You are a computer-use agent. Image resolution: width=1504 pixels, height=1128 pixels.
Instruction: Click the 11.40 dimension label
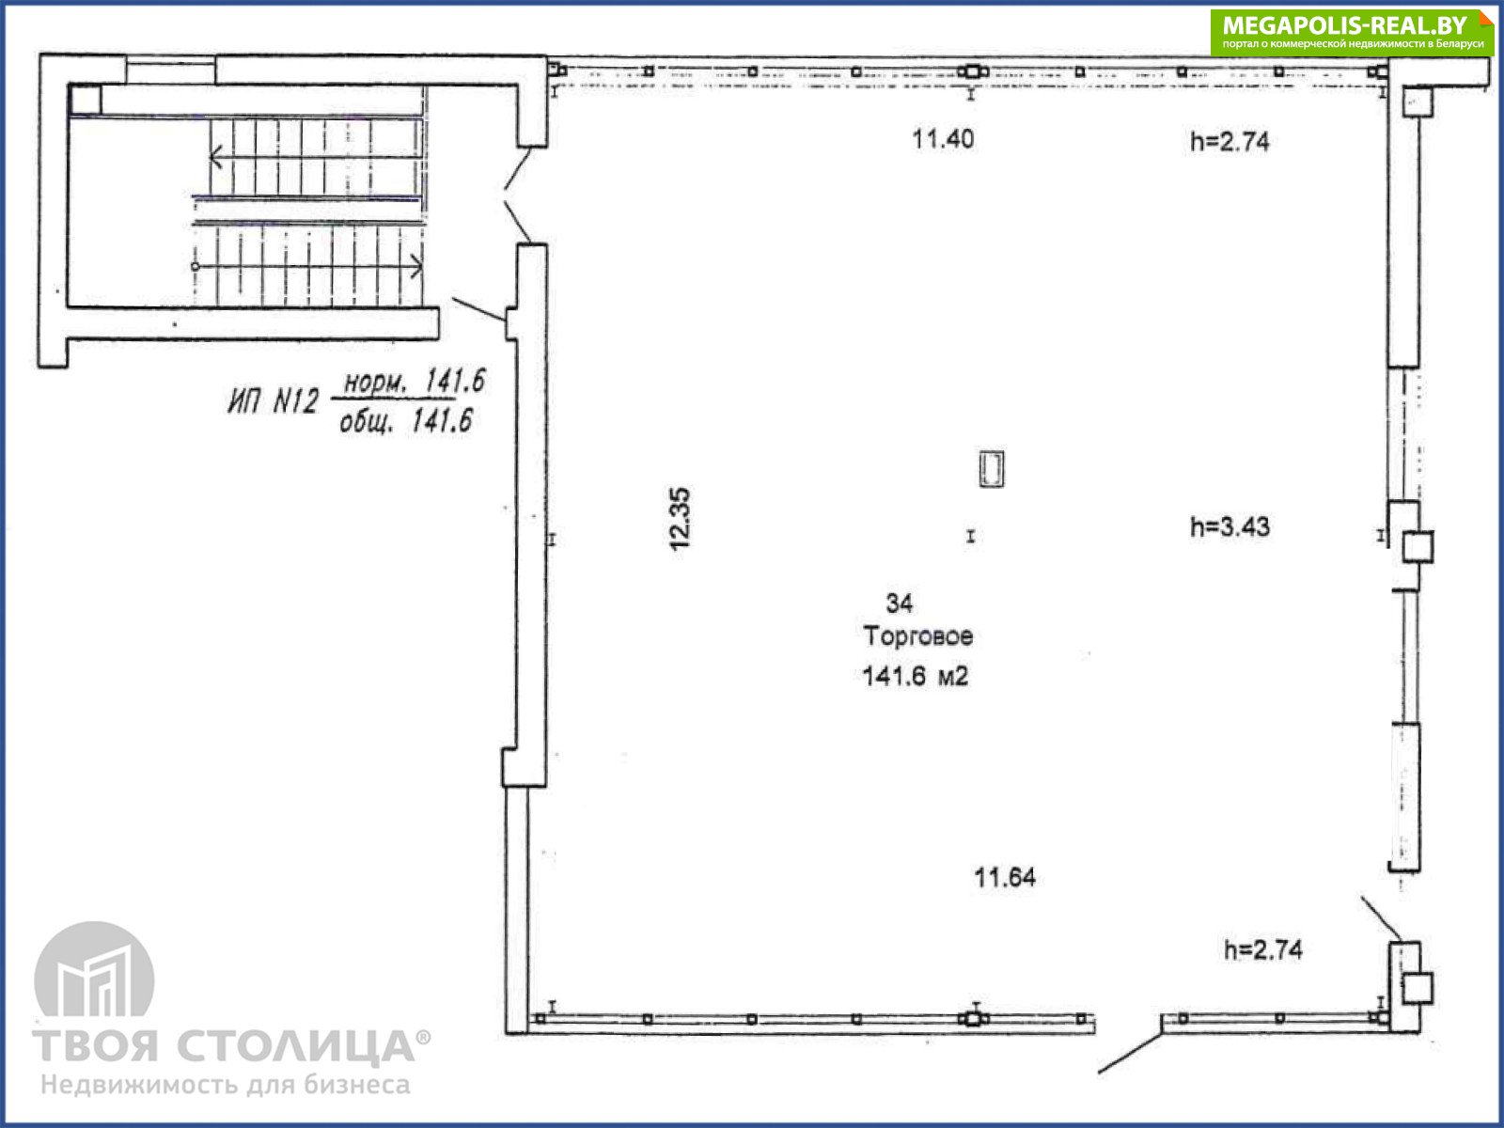point(942,139)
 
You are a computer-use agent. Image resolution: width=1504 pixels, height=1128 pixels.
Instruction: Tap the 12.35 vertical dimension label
point(680,519)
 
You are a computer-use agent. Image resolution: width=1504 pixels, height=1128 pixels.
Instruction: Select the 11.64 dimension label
point(1005,877)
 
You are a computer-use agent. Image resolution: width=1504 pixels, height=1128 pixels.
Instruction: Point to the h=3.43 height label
point(1230,526)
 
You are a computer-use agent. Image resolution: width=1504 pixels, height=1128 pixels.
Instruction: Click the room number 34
point(899,603)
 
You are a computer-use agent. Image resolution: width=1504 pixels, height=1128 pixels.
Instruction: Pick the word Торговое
point(917,636)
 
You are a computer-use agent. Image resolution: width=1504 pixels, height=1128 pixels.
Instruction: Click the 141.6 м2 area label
point(915,677)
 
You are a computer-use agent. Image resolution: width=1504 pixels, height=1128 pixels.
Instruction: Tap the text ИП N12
point(273,400)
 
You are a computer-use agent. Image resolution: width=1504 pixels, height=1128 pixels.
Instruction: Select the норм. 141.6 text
point(414,382)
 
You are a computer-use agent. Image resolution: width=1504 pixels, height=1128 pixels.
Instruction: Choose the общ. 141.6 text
point(406,421)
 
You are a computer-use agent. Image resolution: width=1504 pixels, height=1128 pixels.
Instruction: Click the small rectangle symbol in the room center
point(992,469)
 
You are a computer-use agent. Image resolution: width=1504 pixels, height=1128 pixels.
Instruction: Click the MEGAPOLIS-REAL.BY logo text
point(1344,25)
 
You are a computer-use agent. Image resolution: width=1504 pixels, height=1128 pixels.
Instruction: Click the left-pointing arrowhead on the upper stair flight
point(215,158)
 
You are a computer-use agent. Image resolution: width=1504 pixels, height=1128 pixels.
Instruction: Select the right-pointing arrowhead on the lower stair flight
point(415,266)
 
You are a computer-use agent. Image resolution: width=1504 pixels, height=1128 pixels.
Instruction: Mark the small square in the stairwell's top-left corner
point(86,100)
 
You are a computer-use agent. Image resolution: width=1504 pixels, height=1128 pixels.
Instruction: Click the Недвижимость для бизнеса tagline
point(226,1085)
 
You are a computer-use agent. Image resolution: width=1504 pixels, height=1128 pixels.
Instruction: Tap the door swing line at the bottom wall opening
point(1130,1054)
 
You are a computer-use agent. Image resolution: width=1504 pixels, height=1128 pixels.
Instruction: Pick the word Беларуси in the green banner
point(1458,44)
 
